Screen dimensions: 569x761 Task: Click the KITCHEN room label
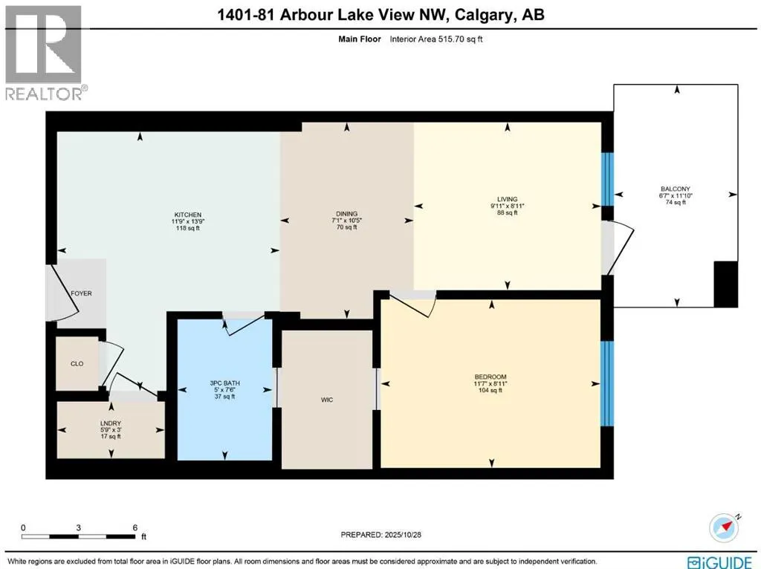pyautogui.click(x=188, y=215)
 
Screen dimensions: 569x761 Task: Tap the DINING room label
pyautogui.click(x=346, y=214)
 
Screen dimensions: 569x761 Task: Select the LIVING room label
pyautogui.click(x=508, y=199)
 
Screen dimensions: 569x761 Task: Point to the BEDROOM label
pyautogui.click(x=490, y=377)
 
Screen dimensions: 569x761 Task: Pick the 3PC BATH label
pyautogui.click(x=224, y=383)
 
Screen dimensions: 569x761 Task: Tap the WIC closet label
pyautogui.click(x=326, y=400)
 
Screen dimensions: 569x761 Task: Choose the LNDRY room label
pyautogui.click(x=109, y=423)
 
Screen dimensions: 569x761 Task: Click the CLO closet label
pyautogui.click(x=77, y=364)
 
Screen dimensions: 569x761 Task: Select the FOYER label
pyautogui.click(x=81, y=293)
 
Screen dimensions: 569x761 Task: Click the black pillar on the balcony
pyautogui.click(x=725, y=284)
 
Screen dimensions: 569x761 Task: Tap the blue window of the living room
pyautogui.click(x=607, y=179)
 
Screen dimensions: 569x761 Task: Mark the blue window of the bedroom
pyautogui.click(x=607, y=383)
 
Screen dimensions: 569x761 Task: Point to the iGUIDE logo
pyautogui.click(x=717, y=562)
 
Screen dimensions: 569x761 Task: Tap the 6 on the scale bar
pyautogui.click(x=135, y=528)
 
